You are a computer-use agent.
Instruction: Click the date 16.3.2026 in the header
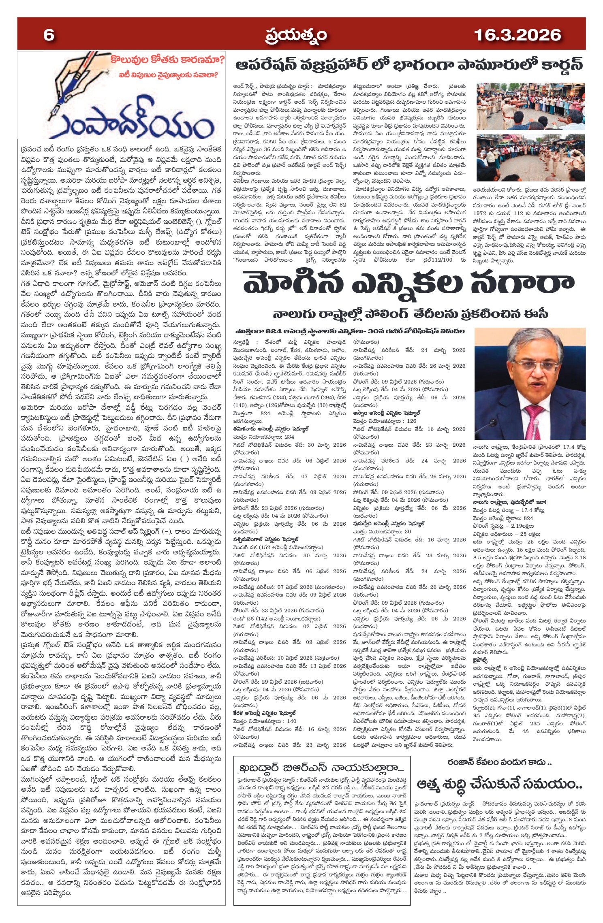[x=517, y=35]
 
